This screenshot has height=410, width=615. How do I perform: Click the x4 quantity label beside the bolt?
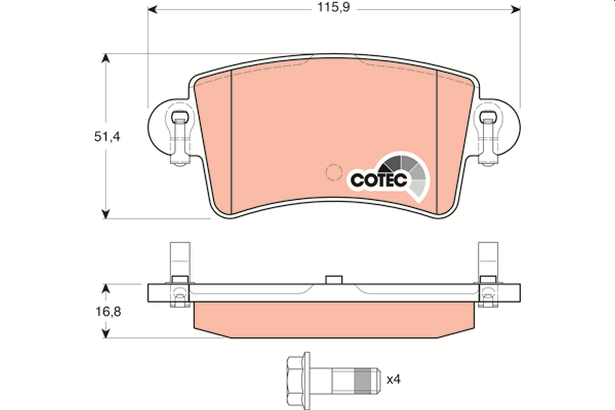(x=394, y=380)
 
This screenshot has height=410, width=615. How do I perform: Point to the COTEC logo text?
(x=379, y=180)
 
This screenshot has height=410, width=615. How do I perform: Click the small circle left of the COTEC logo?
(x=334, y=172)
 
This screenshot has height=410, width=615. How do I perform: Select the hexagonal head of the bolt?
(x=297, y=380)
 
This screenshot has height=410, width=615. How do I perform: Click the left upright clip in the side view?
(x=179, y=261)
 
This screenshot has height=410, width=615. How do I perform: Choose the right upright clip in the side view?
(x=487, y=261)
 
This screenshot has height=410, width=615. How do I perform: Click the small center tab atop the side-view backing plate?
(x=334, y=279)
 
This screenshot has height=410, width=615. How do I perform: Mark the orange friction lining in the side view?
(x=334, y=320)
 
